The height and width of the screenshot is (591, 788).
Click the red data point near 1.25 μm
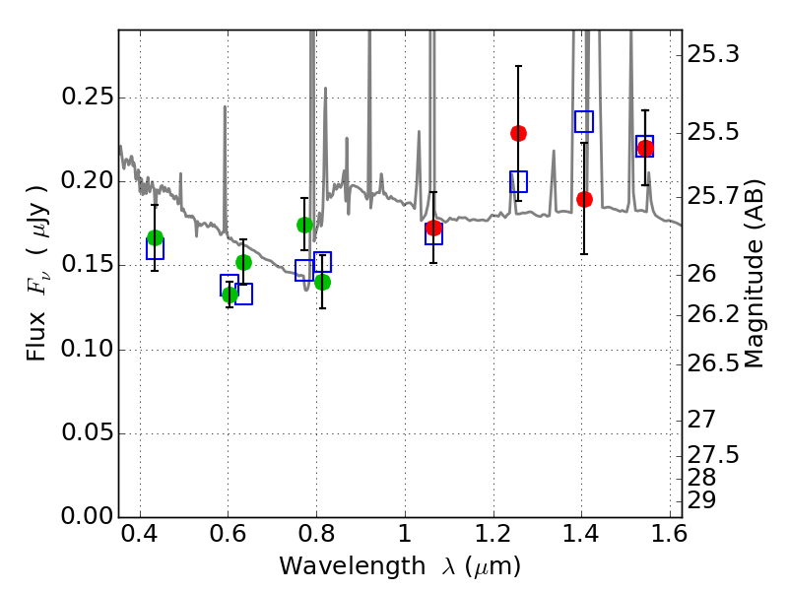(x=518, y=134)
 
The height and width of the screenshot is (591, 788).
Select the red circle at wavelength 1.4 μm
(x=584, y=200)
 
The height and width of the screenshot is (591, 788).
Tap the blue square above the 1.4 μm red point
(x=584, y=121)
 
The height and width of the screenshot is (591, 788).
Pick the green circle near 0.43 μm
(x=156, y=238)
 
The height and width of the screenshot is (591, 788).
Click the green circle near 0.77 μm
(x=304, y=226)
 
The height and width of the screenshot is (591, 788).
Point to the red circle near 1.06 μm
(x=433, y=229)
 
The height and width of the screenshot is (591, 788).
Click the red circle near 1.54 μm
(x=645, y=149)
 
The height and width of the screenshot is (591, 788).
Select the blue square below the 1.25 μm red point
(x=519, y=181)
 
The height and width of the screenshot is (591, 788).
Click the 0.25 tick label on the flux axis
(x=88, y=97)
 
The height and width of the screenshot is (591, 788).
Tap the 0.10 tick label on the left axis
(x=88, y=349)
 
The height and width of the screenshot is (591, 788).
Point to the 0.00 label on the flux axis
(x=88, y=516)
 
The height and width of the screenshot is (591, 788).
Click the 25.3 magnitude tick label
(x=713, y=54)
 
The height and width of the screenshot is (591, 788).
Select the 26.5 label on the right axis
(x=713, y=363)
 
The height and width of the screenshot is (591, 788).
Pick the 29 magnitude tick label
(x=701, y=500)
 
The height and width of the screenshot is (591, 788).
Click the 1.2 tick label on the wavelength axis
(x=493, y=533)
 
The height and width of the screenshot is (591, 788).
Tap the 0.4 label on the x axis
(x=140, y=533)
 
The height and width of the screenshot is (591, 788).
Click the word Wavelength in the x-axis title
(x=353, y=565)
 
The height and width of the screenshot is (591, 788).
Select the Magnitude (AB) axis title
(x=753, y=274)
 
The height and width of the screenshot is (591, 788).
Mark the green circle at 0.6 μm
(x=230, y=295)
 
